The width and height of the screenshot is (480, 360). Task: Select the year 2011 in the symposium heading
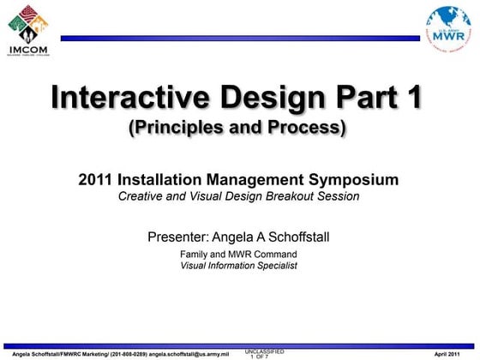tap(96, 180)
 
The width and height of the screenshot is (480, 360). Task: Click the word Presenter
tap(178, 235)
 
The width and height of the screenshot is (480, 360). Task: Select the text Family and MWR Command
tap(238, 255)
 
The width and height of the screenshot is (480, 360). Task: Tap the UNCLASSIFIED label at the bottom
tap(264, 351)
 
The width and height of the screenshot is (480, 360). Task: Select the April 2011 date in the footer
tap(451, 353)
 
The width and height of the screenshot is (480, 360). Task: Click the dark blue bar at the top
tap(240, 39)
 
